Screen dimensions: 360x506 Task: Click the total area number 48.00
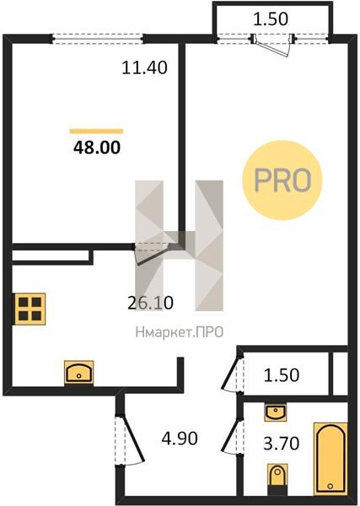pos(97,148)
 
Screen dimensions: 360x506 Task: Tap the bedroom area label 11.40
pos(144,67)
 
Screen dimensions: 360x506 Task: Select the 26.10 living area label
pos(150,303)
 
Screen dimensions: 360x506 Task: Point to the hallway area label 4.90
pos(180,439)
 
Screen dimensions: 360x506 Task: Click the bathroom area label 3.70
pos(282,443)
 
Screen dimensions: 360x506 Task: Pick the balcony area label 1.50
pos(271,19)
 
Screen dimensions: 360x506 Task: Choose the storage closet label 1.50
pos(282,375)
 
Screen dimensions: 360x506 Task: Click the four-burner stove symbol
pos(30,309)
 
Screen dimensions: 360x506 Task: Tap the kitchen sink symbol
pos(78,372)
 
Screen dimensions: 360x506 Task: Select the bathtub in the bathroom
pos(330,458)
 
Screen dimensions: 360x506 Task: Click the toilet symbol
pos(277,478)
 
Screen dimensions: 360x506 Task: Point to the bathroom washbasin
pos(275,412)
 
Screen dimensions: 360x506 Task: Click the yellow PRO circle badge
pos(282,180)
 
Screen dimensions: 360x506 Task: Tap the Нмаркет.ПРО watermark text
pos(180,332)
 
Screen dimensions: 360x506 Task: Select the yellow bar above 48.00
pos(96,131)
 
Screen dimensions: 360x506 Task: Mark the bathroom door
pos(232,437)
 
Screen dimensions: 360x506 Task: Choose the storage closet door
pos(232,374)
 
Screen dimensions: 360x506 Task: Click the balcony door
pos(272,46)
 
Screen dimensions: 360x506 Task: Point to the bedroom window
pos(97,39)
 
